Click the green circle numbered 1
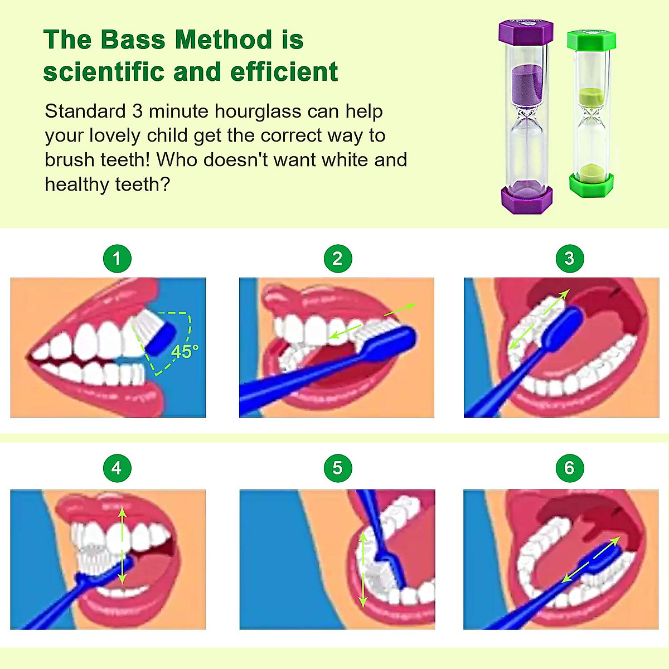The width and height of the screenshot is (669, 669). pyautogui.click(x=117, y=259)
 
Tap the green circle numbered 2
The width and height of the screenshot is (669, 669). pyautogui.click(x=337, y=259)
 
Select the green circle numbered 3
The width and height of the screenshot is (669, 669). pyautogui.click(x=569, y=259)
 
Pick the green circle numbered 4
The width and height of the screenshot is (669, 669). pyautogui.click(x=117, y=468)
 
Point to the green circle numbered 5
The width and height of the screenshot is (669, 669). pyautogui.click(x=337, y=468)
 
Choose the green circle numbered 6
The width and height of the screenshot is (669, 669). pyautogui.click(x=569, y=468)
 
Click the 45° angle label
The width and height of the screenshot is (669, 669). pyautogui.click(x=185, y=352)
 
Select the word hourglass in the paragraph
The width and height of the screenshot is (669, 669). pyautogui.click(x=258, y=111)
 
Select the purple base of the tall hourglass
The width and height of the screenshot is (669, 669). pyautogui.click(x=526, y=199)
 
